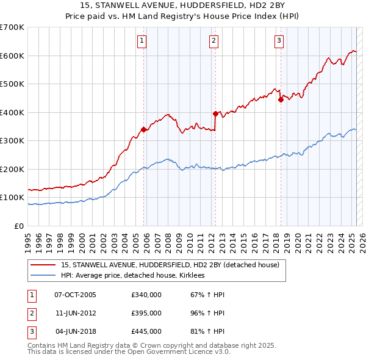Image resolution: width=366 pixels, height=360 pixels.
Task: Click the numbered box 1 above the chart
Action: [142, 41]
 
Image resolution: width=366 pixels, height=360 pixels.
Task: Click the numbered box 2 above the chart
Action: [214, 41]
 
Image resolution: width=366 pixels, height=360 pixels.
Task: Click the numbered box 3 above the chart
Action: [279, 41]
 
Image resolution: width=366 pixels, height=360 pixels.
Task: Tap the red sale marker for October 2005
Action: [144, 129]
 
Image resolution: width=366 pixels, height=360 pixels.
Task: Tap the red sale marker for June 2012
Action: [215, 113]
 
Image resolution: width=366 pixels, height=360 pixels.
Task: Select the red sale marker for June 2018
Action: [281, 99]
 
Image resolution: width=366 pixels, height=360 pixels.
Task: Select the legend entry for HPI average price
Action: [134, 276]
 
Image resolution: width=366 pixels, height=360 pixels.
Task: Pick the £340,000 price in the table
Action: [146, 295]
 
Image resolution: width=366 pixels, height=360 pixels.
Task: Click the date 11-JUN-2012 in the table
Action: [75, 313]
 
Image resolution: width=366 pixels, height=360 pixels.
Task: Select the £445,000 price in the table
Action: [146, 331]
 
